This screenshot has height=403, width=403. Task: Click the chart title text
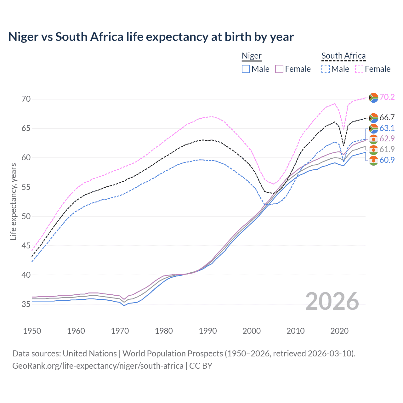(151, 37)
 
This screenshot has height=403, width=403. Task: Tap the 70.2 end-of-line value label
(387, 97)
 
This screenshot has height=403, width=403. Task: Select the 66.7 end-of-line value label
(387, 117)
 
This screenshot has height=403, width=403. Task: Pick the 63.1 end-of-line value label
(387, 128)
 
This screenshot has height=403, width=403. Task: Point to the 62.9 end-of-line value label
(387, 139)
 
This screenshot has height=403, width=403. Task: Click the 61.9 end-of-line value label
(387, 149)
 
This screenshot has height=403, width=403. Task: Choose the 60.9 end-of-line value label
(387, 160)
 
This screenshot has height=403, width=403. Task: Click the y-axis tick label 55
(26, 187)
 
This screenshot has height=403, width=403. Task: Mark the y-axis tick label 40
(26, 275)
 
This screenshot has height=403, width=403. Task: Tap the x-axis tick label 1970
(120, 331)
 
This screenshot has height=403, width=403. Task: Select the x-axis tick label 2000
(252, 331)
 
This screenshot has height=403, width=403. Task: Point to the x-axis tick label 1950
(32, 331)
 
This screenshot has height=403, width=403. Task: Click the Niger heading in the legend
(252, 56)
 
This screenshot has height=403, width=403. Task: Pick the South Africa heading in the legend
(343, 56)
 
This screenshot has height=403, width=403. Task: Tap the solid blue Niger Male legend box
(246, 69)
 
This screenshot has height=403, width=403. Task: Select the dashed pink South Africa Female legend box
(359, 69)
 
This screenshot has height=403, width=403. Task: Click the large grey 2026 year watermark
(332, 301)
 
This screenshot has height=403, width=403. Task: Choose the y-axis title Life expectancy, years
(13, 202)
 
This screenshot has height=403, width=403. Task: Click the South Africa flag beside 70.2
(373, 98)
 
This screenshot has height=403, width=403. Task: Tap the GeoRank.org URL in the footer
(98, 366)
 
